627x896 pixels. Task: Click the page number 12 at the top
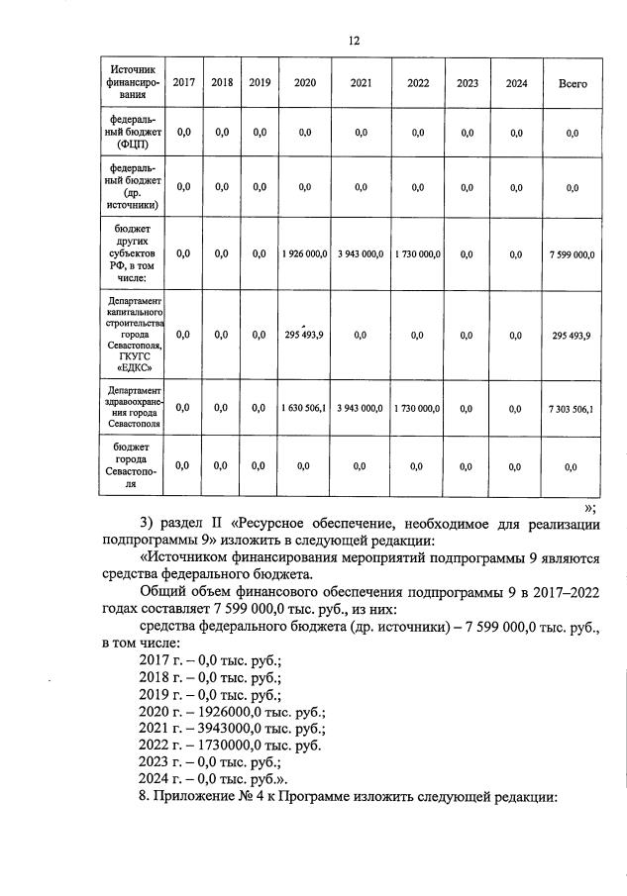354,41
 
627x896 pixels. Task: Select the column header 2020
305,83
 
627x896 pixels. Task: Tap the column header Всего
572,84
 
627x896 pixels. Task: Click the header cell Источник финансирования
130,83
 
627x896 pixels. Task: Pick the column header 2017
183,83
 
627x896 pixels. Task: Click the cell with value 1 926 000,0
305,254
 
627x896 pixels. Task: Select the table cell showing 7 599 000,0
572,254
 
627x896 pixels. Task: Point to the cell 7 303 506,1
572,407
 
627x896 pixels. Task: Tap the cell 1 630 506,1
305,407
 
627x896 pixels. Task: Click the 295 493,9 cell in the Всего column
572,336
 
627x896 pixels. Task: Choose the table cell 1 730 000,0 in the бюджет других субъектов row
417,254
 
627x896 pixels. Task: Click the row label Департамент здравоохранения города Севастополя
130,407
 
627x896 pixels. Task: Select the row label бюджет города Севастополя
130,466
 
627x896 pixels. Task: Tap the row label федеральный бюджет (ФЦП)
130,132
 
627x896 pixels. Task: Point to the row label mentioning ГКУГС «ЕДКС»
130,335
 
